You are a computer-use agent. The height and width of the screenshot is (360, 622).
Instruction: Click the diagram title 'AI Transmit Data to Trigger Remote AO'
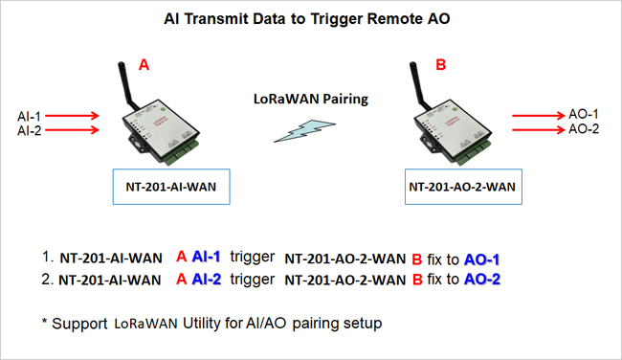(x=306, y=18)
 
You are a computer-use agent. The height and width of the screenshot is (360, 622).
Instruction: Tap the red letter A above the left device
(x=144, y=64)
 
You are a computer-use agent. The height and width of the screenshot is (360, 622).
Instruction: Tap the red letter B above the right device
(x=441, y=64)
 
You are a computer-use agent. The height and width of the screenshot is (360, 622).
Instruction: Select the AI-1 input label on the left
(x=29, y=116)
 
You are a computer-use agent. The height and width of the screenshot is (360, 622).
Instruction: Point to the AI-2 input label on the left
(x=29, y=130)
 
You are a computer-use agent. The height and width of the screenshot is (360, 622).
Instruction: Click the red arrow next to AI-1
(x=72, y=116)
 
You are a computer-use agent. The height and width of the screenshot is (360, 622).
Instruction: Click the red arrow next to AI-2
(x=72, y=130)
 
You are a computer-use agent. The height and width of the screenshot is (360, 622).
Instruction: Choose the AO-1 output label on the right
(x=584, y=114)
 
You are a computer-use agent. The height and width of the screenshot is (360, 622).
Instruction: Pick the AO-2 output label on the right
(x=584, y=129)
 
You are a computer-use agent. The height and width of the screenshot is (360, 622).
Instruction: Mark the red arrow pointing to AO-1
(x=539, y=116)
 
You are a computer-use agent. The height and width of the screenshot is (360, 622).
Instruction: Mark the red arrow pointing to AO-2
(x=539, y=130)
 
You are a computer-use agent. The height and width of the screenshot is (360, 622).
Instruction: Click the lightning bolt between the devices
(x=304, y=130)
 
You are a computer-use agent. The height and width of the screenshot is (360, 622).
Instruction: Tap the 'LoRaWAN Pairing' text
(x=311, y=99)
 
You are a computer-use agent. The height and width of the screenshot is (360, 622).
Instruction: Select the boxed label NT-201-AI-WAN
(x=171, y=187)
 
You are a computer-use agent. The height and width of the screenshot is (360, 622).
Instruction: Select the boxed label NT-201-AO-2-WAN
(x=463, y=187)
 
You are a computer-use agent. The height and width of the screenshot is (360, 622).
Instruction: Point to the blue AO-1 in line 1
(x=481, y=259)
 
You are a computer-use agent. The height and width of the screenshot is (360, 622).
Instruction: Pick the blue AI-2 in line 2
(x=207, y=280)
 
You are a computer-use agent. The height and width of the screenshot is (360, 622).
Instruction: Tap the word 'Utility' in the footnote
(x=202, y=323)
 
